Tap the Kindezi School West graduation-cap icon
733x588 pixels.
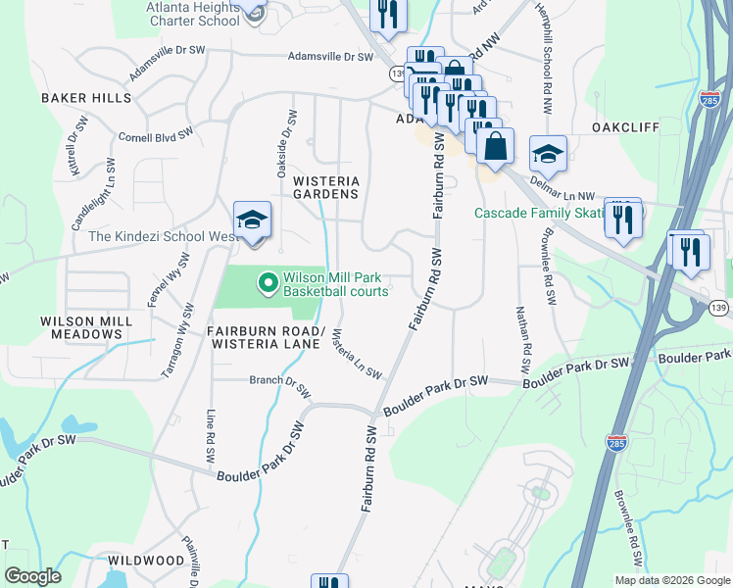click(252, 220)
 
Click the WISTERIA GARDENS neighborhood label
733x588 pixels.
click(326, 187)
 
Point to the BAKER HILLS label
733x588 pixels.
click(85, 98)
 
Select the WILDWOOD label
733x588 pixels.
click(146, 560)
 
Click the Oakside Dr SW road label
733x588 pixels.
click(285, 142)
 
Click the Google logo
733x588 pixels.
click(32, 576)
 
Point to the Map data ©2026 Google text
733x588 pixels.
click(672, 580)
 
